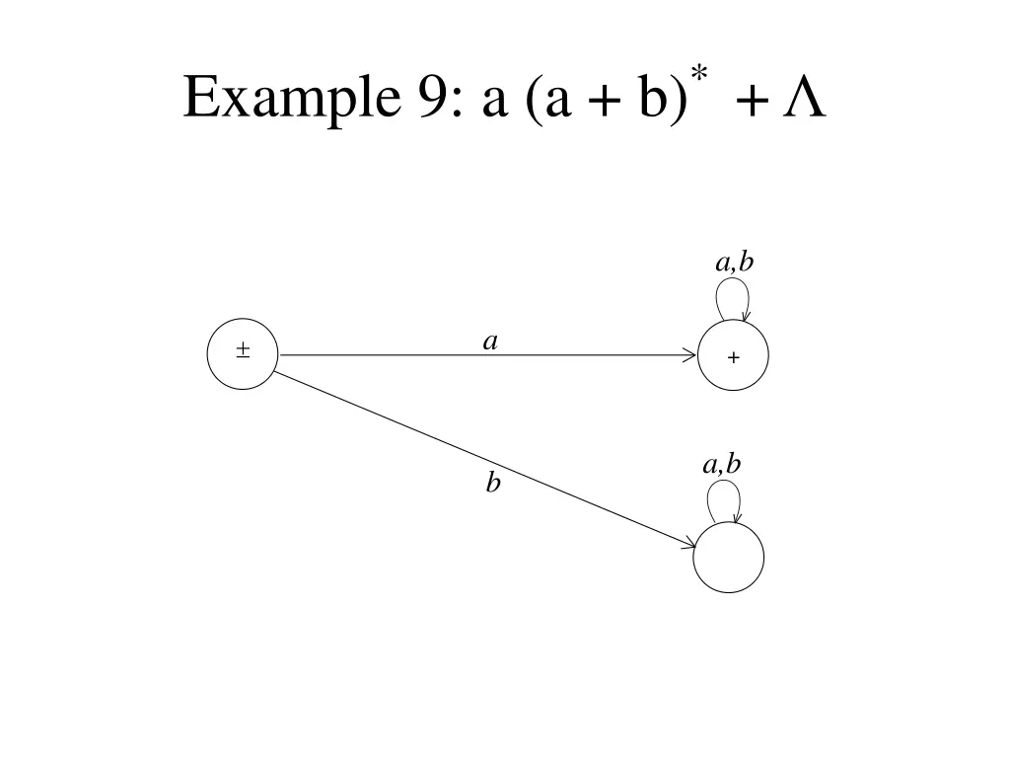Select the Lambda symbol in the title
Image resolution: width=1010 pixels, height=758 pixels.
tap(804, 99)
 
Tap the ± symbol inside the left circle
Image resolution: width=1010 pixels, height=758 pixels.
tap(243, 350)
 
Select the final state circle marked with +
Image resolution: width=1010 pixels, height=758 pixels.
tap(733, 356)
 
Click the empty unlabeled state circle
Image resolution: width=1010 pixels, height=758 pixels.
tap(729, 557)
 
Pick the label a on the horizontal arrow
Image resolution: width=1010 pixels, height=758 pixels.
tap(489, 341)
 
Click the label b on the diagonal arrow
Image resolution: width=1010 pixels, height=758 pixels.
tap(493, 483)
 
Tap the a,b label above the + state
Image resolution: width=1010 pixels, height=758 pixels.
tap(735, 262)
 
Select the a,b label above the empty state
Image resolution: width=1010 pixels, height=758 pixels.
tap(722, 464)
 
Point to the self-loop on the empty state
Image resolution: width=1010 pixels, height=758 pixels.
tap(725, 500)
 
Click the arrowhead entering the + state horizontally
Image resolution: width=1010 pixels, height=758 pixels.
tap(690, 354)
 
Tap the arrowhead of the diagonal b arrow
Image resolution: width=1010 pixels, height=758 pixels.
tap(688, 542)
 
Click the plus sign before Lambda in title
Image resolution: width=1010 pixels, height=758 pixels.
tap(751, 102)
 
